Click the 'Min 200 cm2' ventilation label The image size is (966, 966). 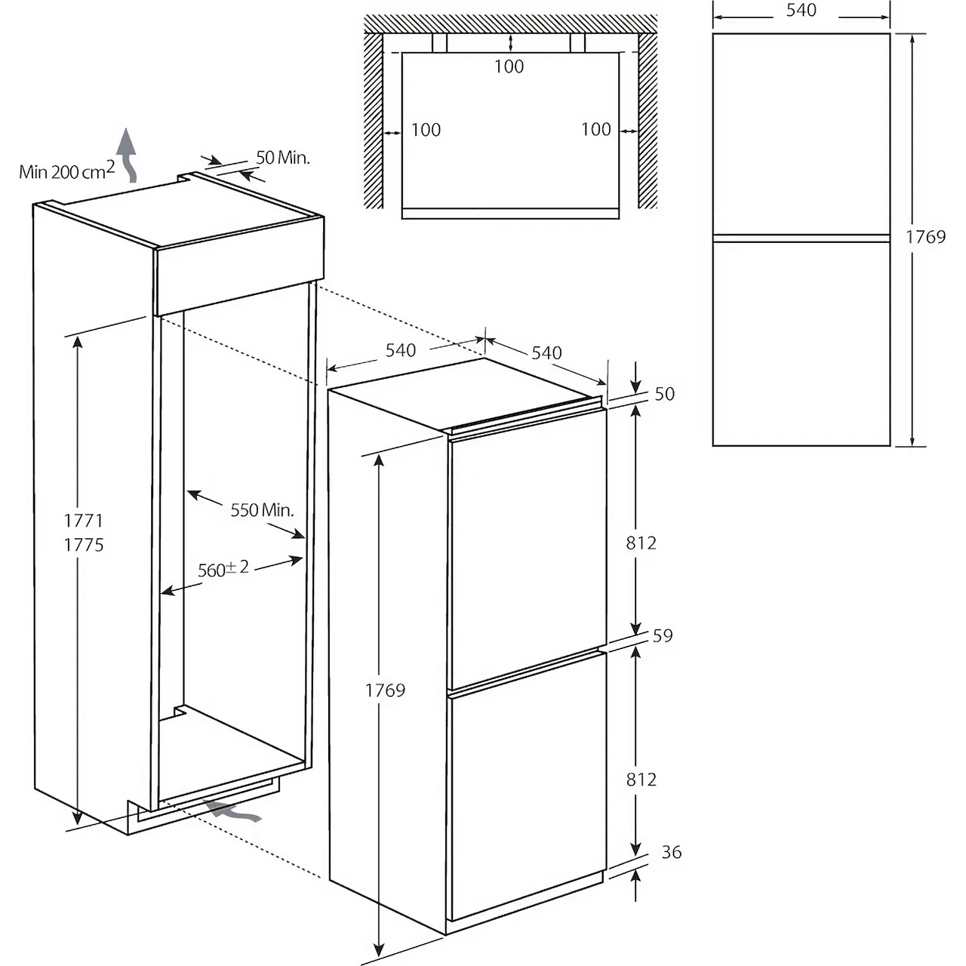click(x=67, y=171)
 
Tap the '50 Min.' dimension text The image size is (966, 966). click(x=283, y=158)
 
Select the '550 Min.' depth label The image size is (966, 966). click(x=262, y=510)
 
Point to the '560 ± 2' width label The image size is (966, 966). click(x=223, y=568)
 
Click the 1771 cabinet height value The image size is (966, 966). click(x=83, y=520)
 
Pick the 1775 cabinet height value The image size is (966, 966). click(x=83, y=545)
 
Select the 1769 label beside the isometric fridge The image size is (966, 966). click(x=385, y=690)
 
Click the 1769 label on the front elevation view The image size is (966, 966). click(x=925, y=237)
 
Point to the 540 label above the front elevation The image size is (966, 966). click(x=801, y=11)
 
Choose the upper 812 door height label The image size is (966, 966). click(x=641, y=543)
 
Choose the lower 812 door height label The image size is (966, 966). click(x=641, y=779)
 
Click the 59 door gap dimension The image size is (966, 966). click(x=662, y=635)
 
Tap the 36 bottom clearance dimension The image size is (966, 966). click(x=671, y=852)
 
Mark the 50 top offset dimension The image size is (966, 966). click(x=664, y=394)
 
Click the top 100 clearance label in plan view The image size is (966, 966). click(x=509, y=66)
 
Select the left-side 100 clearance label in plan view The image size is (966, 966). click(x=426, y=130)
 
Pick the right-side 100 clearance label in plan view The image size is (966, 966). click(x=595, y=130)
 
